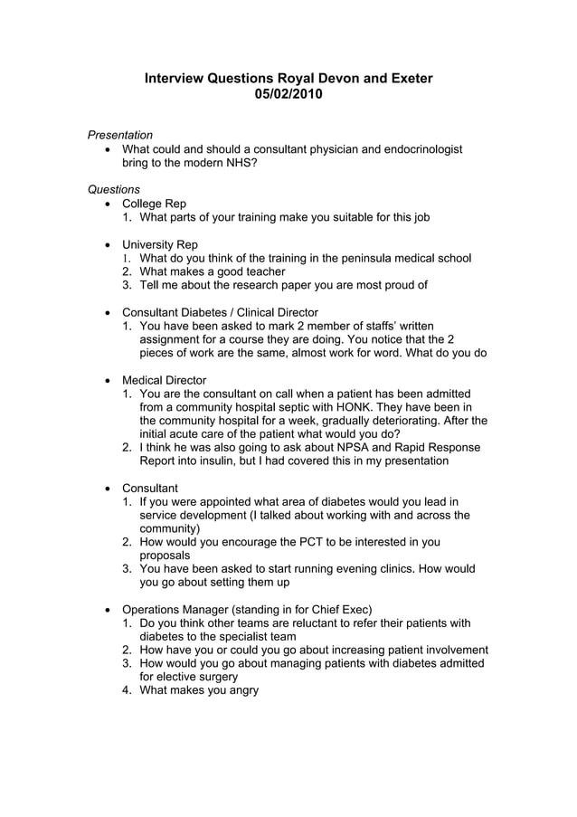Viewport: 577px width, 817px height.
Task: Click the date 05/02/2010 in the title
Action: coord(288,94)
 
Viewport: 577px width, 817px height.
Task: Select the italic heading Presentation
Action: coord(119,135)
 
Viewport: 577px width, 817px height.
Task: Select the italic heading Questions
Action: coord(113,189)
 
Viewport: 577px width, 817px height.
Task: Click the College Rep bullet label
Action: coord(154,204)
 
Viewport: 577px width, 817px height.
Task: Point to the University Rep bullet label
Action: coord(159,244)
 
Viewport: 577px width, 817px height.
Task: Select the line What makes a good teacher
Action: coord(213,271)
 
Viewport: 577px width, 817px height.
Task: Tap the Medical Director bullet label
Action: coord(164,380)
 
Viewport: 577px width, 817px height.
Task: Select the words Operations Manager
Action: coord(177,609)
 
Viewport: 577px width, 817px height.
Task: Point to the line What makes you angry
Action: coord(199,690)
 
